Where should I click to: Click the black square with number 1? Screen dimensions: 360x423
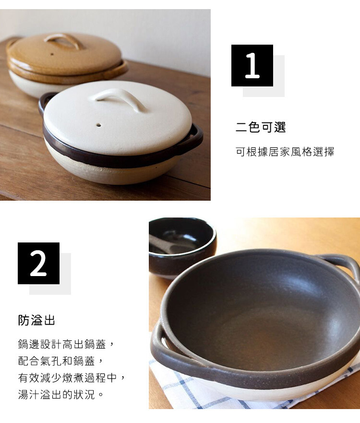tap(252, 65)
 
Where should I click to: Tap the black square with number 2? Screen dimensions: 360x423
tap(38, 263)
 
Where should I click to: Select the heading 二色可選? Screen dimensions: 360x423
tap(261, 127)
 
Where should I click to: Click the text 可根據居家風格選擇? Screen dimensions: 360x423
tap(285, 152)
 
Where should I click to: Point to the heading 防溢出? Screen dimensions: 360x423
tap(36, 320)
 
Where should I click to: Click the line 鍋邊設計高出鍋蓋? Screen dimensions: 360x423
tap(62, 344)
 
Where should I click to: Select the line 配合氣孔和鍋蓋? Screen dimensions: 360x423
tap(56, 361)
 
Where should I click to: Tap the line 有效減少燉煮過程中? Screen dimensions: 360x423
tap(67, 378)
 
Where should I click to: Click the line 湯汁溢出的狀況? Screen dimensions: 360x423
tap(56, 394)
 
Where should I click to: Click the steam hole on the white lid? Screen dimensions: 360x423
tap(99, 125)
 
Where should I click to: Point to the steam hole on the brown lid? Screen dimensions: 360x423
tap(52, 54)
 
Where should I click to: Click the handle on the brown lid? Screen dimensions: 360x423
tap(62, 40)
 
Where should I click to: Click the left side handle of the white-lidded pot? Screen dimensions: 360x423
tap(43, 103)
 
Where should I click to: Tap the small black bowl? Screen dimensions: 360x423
tap(182, 247)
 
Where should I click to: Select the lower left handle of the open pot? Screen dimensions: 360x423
tap(167, 350)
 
